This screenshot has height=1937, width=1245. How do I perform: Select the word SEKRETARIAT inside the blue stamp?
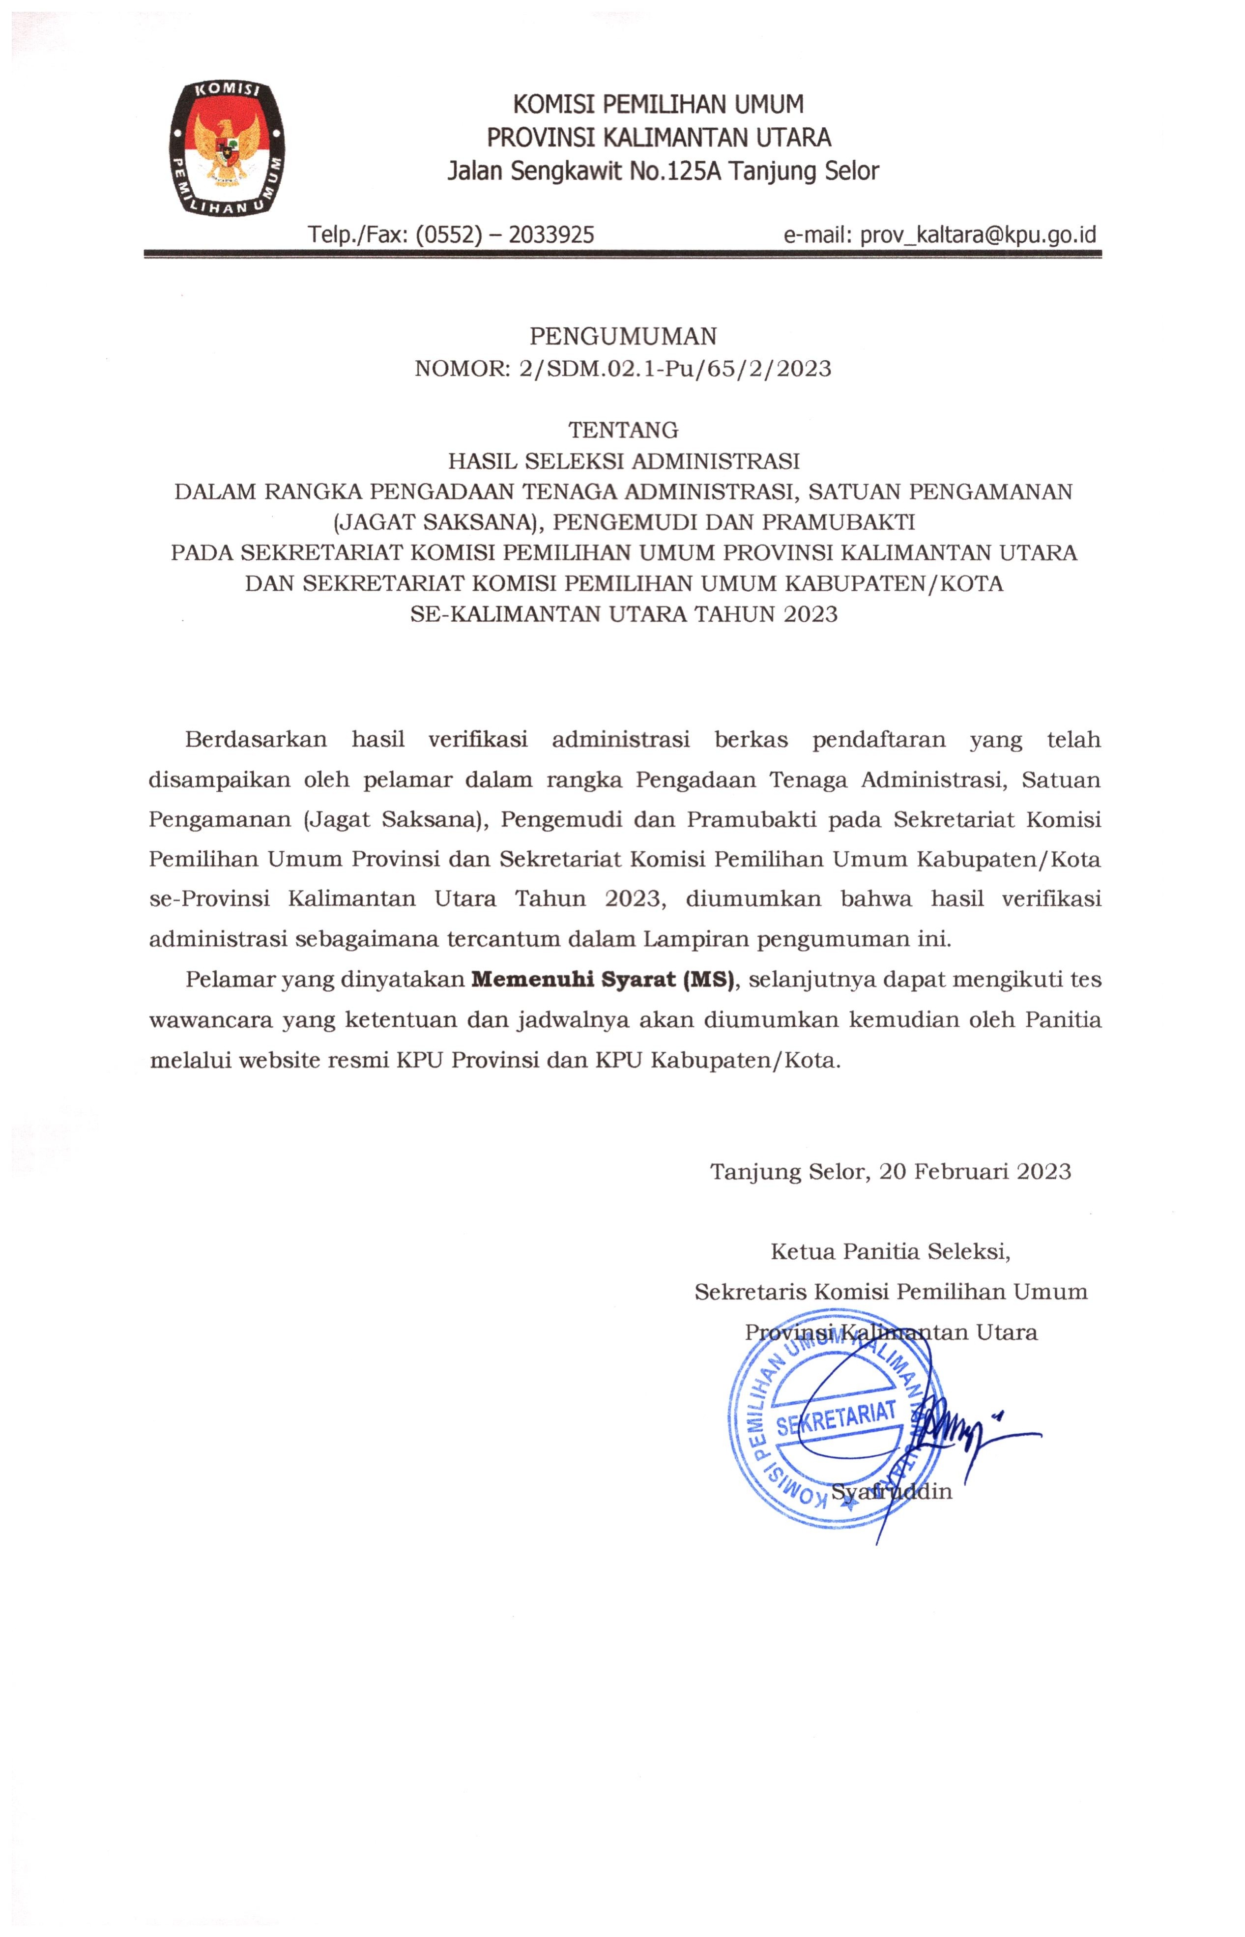(836, 1417)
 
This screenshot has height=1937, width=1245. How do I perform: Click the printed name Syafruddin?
(891, 1492)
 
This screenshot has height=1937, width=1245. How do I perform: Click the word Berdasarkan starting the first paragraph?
(256, 740)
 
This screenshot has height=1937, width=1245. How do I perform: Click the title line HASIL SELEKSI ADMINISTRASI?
(623, 461)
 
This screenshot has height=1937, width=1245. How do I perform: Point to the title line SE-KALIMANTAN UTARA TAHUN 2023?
(623, 614)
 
